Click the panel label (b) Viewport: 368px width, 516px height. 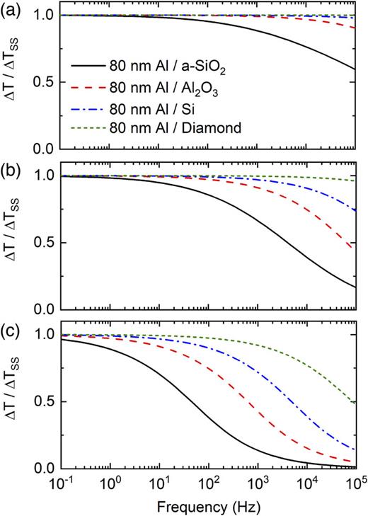pyautogui.click(x=12, y=168)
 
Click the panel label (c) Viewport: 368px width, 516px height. pyautogui.click(x=12, y=328)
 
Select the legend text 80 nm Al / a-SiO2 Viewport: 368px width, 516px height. pyautogui.click(x=192, y=70)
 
